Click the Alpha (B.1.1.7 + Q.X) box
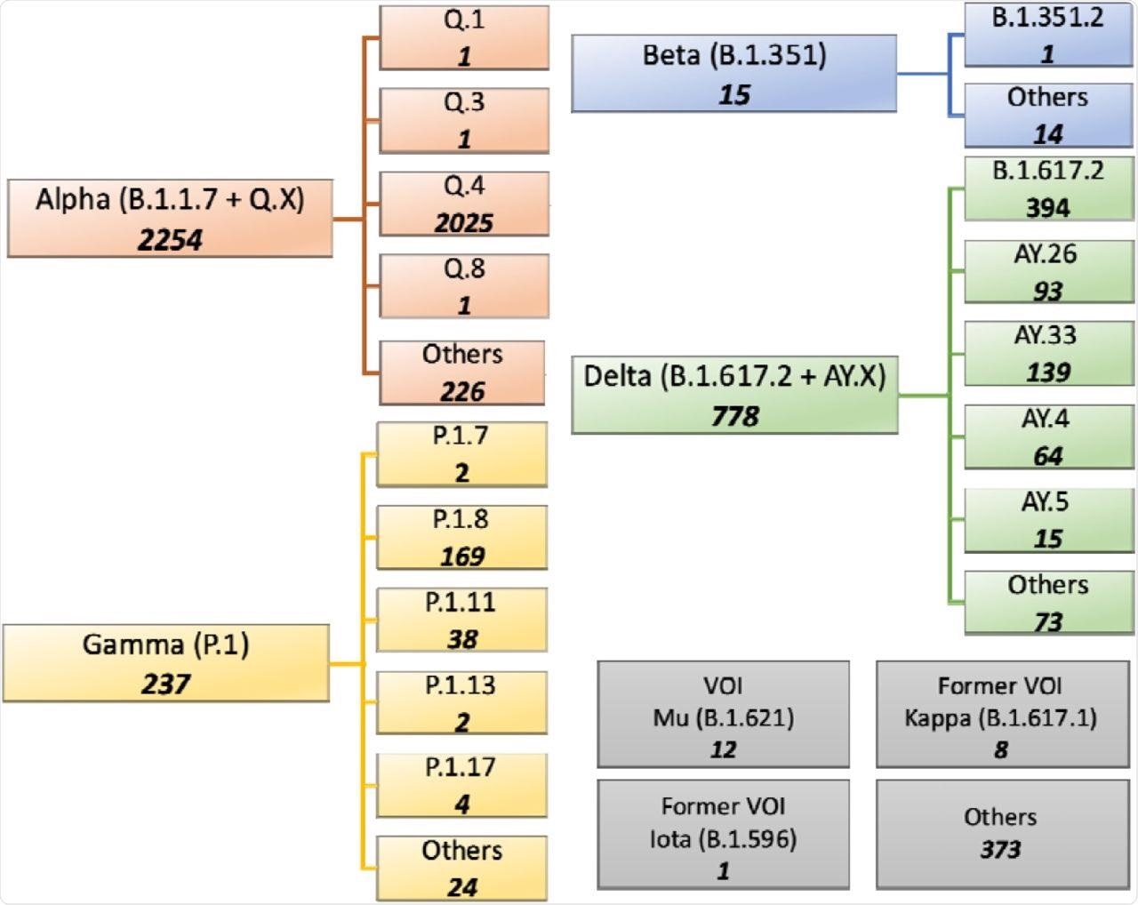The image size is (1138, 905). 170,219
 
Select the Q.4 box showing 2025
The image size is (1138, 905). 464,204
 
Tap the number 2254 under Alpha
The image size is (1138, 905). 170,240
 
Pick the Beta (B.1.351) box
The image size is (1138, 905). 733,74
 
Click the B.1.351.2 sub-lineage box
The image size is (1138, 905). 1048,36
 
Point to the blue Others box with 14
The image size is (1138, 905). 1048,116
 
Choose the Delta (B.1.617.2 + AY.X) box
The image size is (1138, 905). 734,395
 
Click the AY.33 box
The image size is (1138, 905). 1048,354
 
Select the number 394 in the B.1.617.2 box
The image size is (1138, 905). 1048,208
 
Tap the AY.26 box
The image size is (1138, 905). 1048,272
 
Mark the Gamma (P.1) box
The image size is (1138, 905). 166,663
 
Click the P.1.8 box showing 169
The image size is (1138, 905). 461,538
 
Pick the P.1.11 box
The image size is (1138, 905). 461,621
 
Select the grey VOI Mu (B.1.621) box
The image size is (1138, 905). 723,715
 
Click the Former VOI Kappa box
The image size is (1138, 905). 1001,715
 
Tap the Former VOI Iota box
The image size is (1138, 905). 723,836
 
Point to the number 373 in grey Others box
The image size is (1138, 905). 1001,850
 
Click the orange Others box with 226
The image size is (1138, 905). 462,372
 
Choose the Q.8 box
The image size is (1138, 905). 464,286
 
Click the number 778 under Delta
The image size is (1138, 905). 734,416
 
